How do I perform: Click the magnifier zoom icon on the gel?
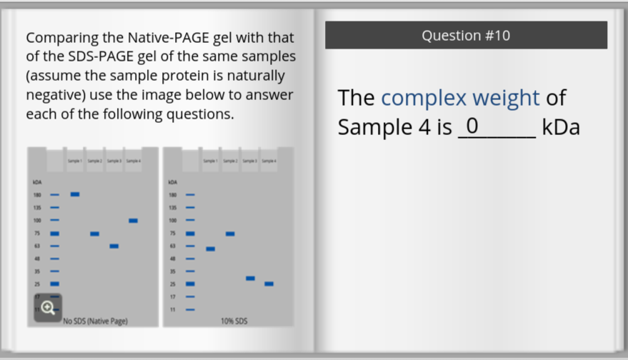48,308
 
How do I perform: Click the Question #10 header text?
466,36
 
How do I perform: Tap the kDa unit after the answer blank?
561,127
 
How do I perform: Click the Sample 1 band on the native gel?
75,194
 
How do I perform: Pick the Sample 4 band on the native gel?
133,221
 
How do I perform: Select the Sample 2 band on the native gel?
94,234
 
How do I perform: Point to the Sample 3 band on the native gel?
114,246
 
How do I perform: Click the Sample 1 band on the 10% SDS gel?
210,249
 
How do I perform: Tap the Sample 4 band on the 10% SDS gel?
269,284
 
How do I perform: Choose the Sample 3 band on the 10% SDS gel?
250,278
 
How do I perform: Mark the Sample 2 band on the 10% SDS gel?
230,234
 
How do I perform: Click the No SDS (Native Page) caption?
95,321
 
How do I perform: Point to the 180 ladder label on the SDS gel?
172,194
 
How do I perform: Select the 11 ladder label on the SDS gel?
172,309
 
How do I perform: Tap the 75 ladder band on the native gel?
54,234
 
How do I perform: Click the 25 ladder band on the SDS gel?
190,284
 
